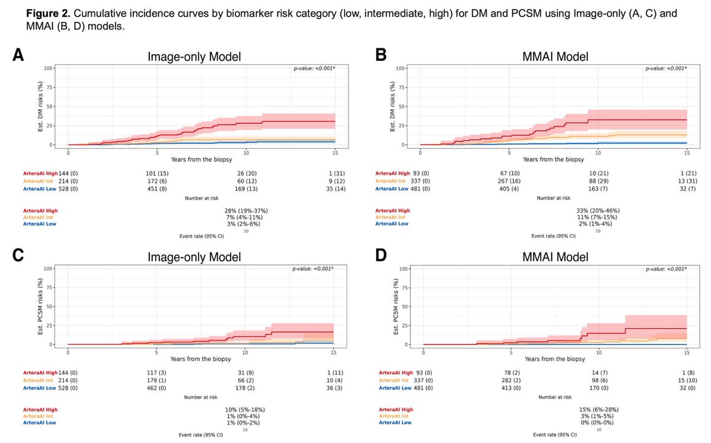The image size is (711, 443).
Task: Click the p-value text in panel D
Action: coord(666,269)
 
